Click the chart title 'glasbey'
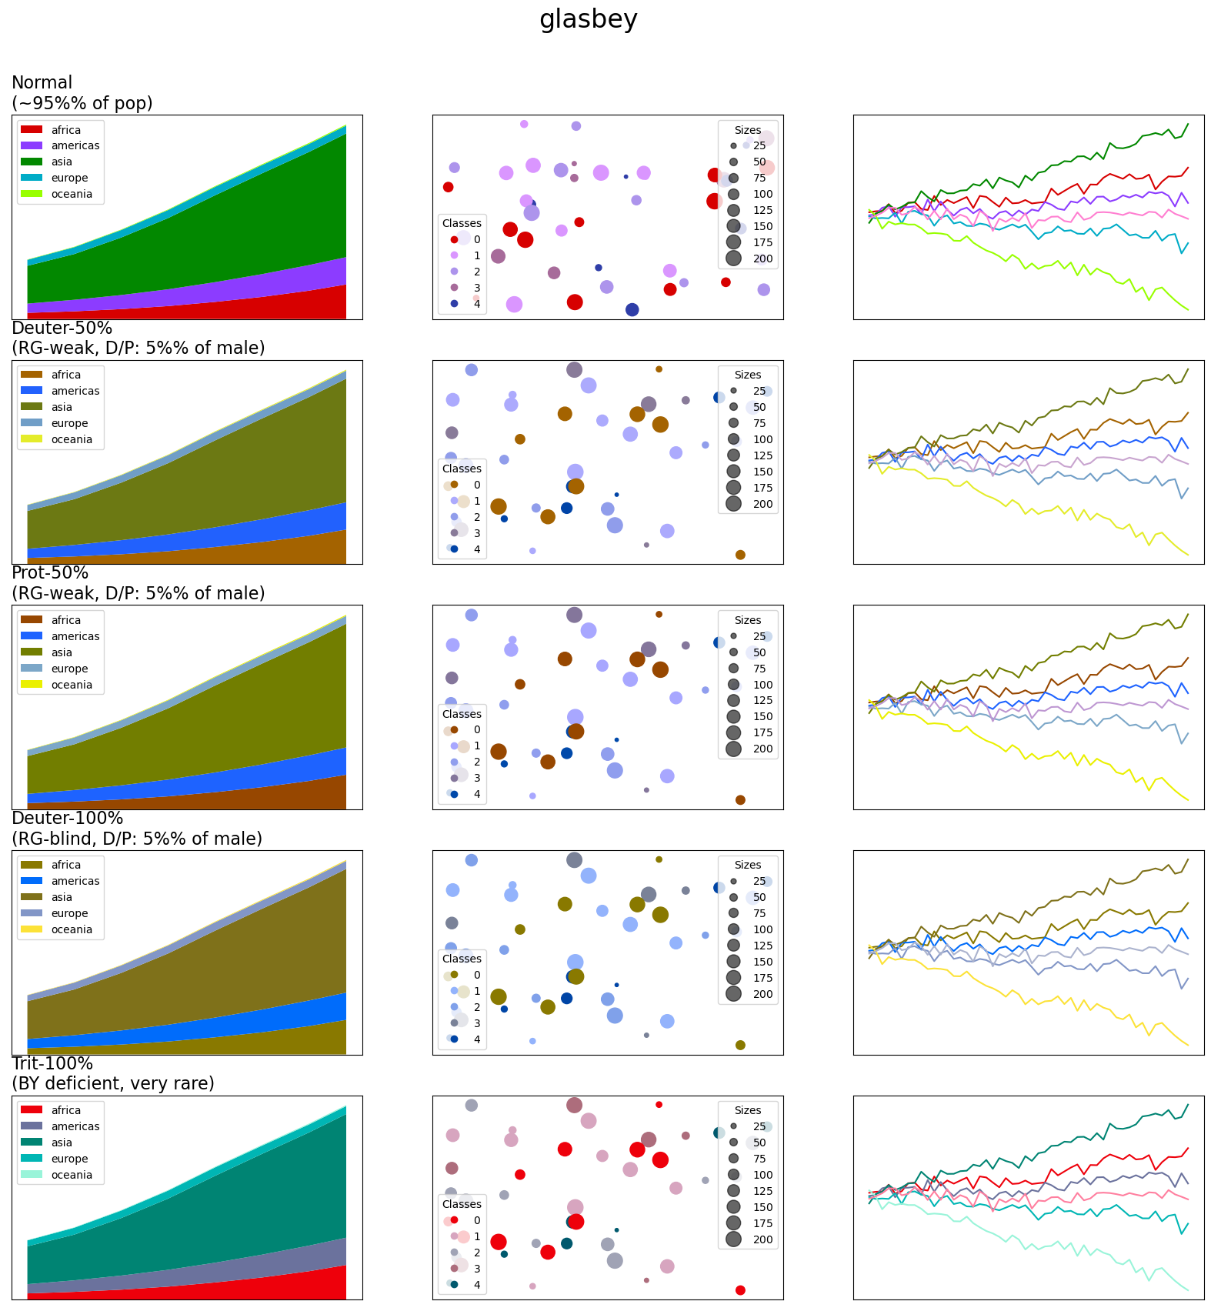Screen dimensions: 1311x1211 [588, 19]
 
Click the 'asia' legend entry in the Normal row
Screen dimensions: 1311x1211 [62, 162]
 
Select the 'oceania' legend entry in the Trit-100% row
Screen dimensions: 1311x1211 [72, 1175]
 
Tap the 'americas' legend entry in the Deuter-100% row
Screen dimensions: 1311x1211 [75, 881]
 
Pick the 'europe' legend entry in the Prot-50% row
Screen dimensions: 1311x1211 [69, 669]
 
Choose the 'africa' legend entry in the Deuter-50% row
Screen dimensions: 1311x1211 [65, 375]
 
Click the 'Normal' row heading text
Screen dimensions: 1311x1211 [42, 83]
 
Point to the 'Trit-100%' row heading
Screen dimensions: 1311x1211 [52, 1063]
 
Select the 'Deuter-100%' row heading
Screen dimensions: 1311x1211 [67, 818]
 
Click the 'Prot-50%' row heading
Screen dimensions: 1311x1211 [50, 573]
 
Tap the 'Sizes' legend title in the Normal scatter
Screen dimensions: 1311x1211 [747, 130]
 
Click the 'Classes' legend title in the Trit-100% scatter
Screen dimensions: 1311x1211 [462, 1204]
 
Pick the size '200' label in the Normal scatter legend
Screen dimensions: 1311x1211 [762, 259]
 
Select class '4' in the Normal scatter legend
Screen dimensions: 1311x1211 [477, 304]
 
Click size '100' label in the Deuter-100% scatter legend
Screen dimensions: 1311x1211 [762, 929]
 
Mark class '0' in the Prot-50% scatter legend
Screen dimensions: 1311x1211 [477, 729]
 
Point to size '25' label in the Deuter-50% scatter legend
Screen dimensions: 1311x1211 [759, 391]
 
